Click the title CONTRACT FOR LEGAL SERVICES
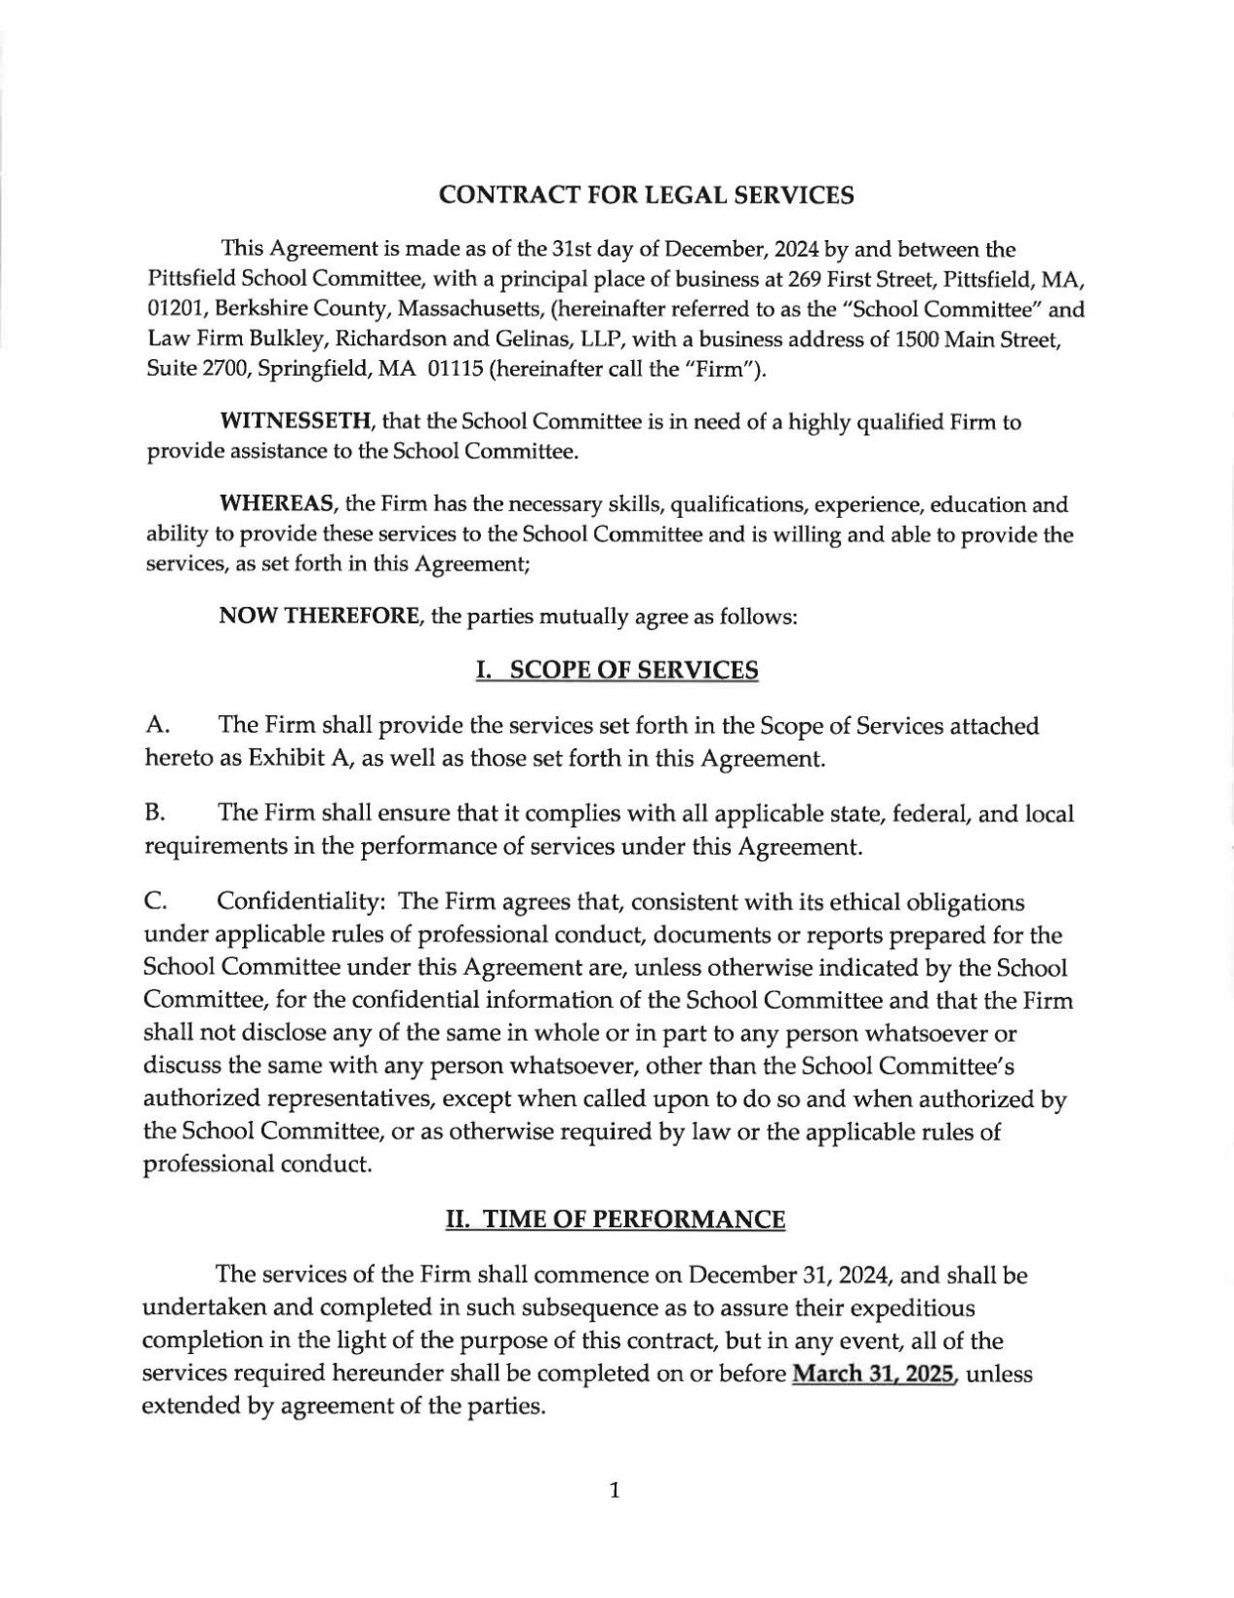[x=647, y=195]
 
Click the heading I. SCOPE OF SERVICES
[x=616, y=670]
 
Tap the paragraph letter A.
[x=155, y=726]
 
